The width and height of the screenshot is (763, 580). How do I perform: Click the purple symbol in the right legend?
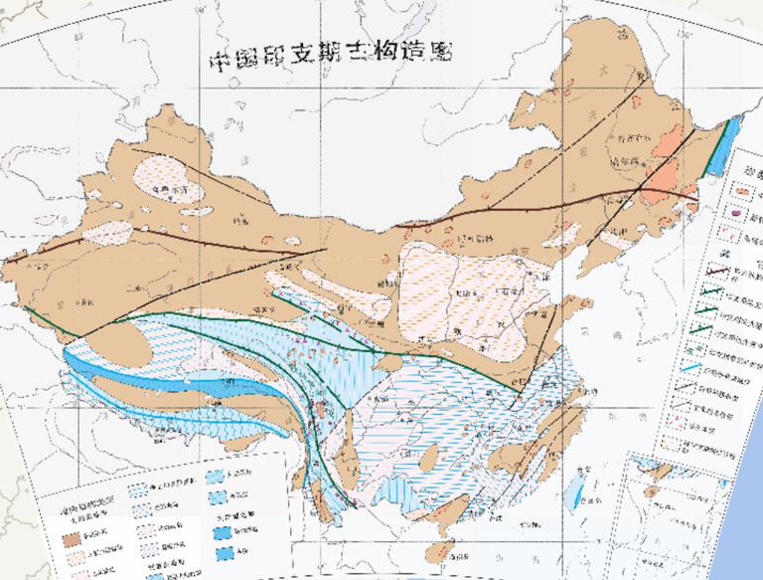[736, 212]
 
